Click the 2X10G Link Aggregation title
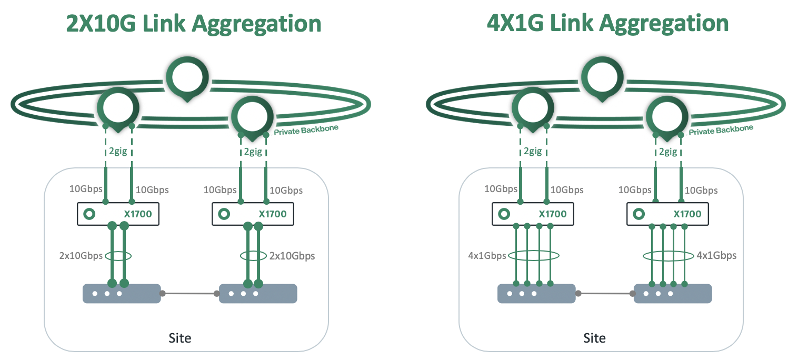coord(193,24)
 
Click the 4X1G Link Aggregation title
coord(608,24)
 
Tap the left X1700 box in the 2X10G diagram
coord(118,214)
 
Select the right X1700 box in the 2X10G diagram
coord(253,214)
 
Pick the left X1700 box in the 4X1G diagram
coord(533,214)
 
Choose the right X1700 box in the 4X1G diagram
coord(667,214)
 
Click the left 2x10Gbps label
coord(81,256)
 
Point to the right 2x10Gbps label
coord(292,256)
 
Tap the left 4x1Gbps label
coord(487,256)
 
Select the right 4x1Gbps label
coord(716,256)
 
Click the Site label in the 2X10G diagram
coord(180,337)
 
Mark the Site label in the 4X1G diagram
coord(595,337)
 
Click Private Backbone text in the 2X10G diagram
coord(306,129)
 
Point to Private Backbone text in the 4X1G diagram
coord(721,129)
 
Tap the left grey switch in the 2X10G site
coord(122,294)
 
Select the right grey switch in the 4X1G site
coord(673,294)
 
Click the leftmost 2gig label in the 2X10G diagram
coord(118,152)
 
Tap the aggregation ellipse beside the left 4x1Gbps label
coord(533,256)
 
